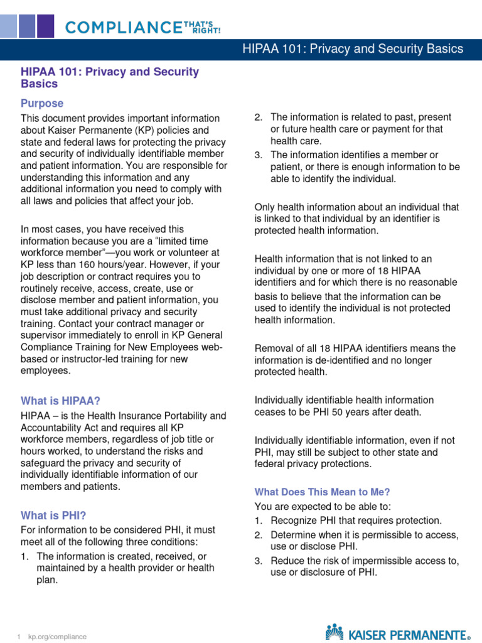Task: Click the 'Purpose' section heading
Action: click(x=42, y=103)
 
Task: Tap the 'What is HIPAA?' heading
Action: click(x=60, y=401)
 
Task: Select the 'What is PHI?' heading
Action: click(x=53, y=516)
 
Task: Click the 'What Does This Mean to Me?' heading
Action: click(x=322, y=492)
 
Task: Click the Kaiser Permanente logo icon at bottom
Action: click(x=335, y=632)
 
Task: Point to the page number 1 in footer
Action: click(x=19, y=637)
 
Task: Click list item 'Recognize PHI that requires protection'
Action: click(x=356, y=521)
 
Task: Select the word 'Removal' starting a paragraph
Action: click(x=274, y=349)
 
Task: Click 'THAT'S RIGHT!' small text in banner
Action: click(x=201, y=26)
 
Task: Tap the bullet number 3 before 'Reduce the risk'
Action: click(x=258, y=561)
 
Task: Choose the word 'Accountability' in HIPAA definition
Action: click(x=53, y=427)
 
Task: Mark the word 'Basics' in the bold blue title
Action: click(x=39, y=84)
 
